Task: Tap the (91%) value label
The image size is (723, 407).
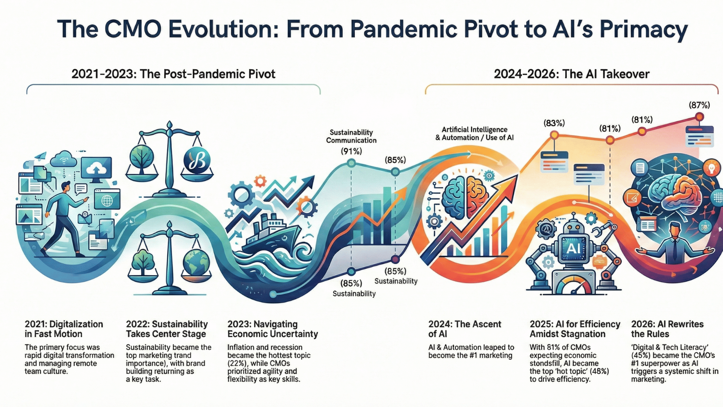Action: pos(351,151)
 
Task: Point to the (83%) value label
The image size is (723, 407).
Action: pos(554,123)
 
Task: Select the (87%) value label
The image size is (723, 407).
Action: pos(699,105)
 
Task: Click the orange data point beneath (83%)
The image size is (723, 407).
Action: pos(554,135)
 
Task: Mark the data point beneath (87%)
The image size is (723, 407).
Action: pos(699,117)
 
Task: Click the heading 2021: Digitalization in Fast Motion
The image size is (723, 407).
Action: pos(64,329)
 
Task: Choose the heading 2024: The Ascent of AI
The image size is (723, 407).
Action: pos(465,329)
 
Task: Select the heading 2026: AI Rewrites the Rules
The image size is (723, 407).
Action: pos(667,329)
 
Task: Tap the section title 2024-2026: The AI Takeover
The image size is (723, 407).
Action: pos(572,74)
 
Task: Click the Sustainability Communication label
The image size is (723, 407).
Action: pos(351,136)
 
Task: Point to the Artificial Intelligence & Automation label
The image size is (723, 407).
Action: pos(474,133)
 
